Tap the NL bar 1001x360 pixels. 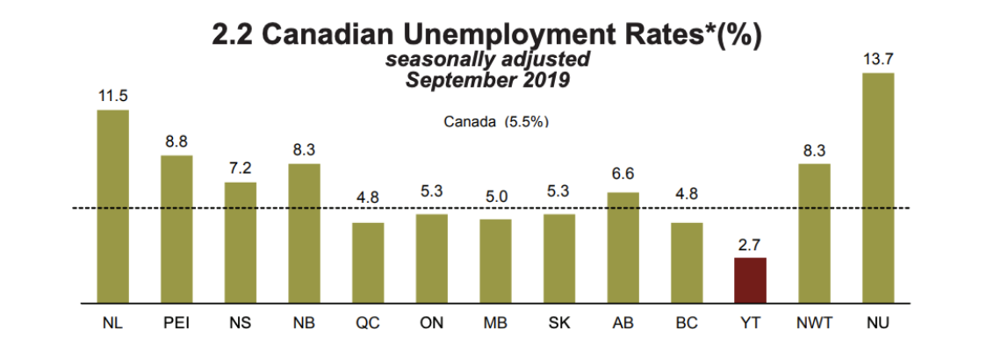(x=112, y=205)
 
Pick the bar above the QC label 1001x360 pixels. (x=368, y=262)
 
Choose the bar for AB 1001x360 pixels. (x=623, y=247)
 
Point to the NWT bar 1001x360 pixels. (x=814, y=233)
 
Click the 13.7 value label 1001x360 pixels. (x=878, y=59)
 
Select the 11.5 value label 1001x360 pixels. (x=112, y=96)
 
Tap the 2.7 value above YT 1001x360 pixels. (x=751, y=243)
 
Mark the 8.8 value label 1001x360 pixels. (x=176, y=140)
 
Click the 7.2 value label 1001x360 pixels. (x=241, y=168)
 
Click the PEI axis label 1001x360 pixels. (x=176, y=323)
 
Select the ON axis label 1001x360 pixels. (x=431, y=323)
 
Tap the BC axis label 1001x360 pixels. (x=687, y=323)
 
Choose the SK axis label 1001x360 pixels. (x=559, y=323)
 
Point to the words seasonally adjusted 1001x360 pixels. (x=488, y=61)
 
